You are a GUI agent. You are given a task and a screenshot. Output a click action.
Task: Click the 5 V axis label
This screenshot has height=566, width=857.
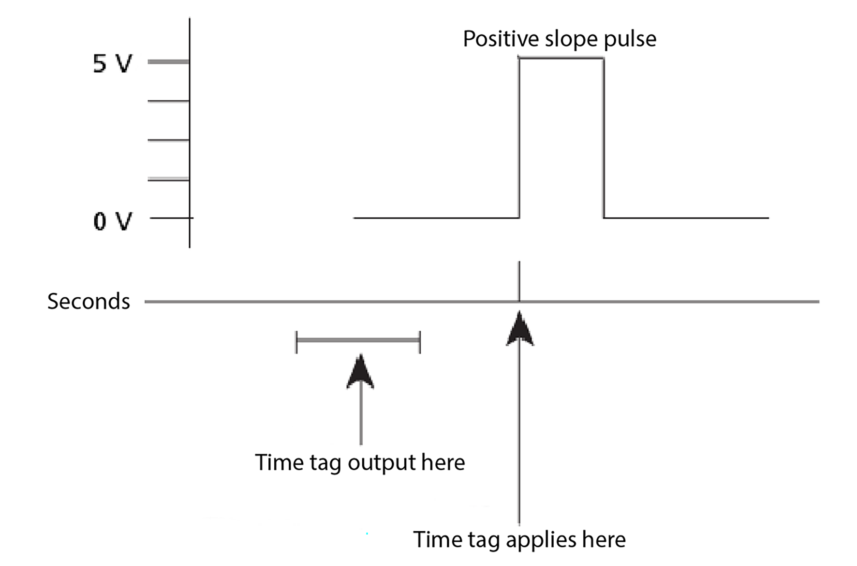(x=112, y=63)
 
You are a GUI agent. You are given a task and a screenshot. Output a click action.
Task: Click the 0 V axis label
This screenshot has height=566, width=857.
(x=112, y=221)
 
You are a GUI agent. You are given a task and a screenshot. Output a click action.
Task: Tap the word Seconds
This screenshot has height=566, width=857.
(x=89, y=301)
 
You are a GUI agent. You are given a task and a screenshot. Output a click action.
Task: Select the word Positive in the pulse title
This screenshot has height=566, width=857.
(x=501, y=39)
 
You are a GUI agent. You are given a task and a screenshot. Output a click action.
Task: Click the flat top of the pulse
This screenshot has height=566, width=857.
(x=561, y=58)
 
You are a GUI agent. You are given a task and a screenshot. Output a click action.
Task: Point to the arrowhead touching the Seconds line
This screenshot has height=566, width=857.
(x=519, y=329)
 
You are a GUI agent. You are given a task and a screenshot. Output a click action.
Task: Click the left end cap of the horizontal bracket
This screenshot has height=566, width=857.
(x=296, y=342)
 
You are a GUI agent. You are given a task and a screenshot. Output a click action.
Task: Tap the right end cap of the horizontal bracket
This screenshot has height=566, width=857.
(x=420, y=342)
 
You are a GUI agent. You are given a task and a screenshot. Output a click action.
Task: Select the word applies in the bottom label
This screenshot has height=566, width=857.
(x=541, y=539)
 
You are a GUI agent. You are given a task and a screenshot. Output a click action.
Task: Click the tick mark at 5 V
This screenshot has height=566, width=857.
(x=168, y=61)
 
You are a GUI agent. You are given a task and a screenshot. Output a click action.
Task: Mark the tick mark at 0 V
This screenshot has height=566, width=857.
(x=169, y=218)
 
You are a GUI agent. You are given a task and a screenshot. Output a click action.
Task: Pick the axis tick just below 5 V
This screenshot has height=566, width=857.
(x=168, y=101)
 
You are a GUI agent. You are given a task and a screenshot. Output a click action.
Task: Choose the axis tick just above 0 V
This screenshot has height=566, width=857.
(x=168, y=179)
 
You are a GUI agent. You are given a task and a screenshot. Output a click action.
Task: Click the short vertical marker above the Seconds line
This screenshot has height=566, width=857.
(x=519, y=281)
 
